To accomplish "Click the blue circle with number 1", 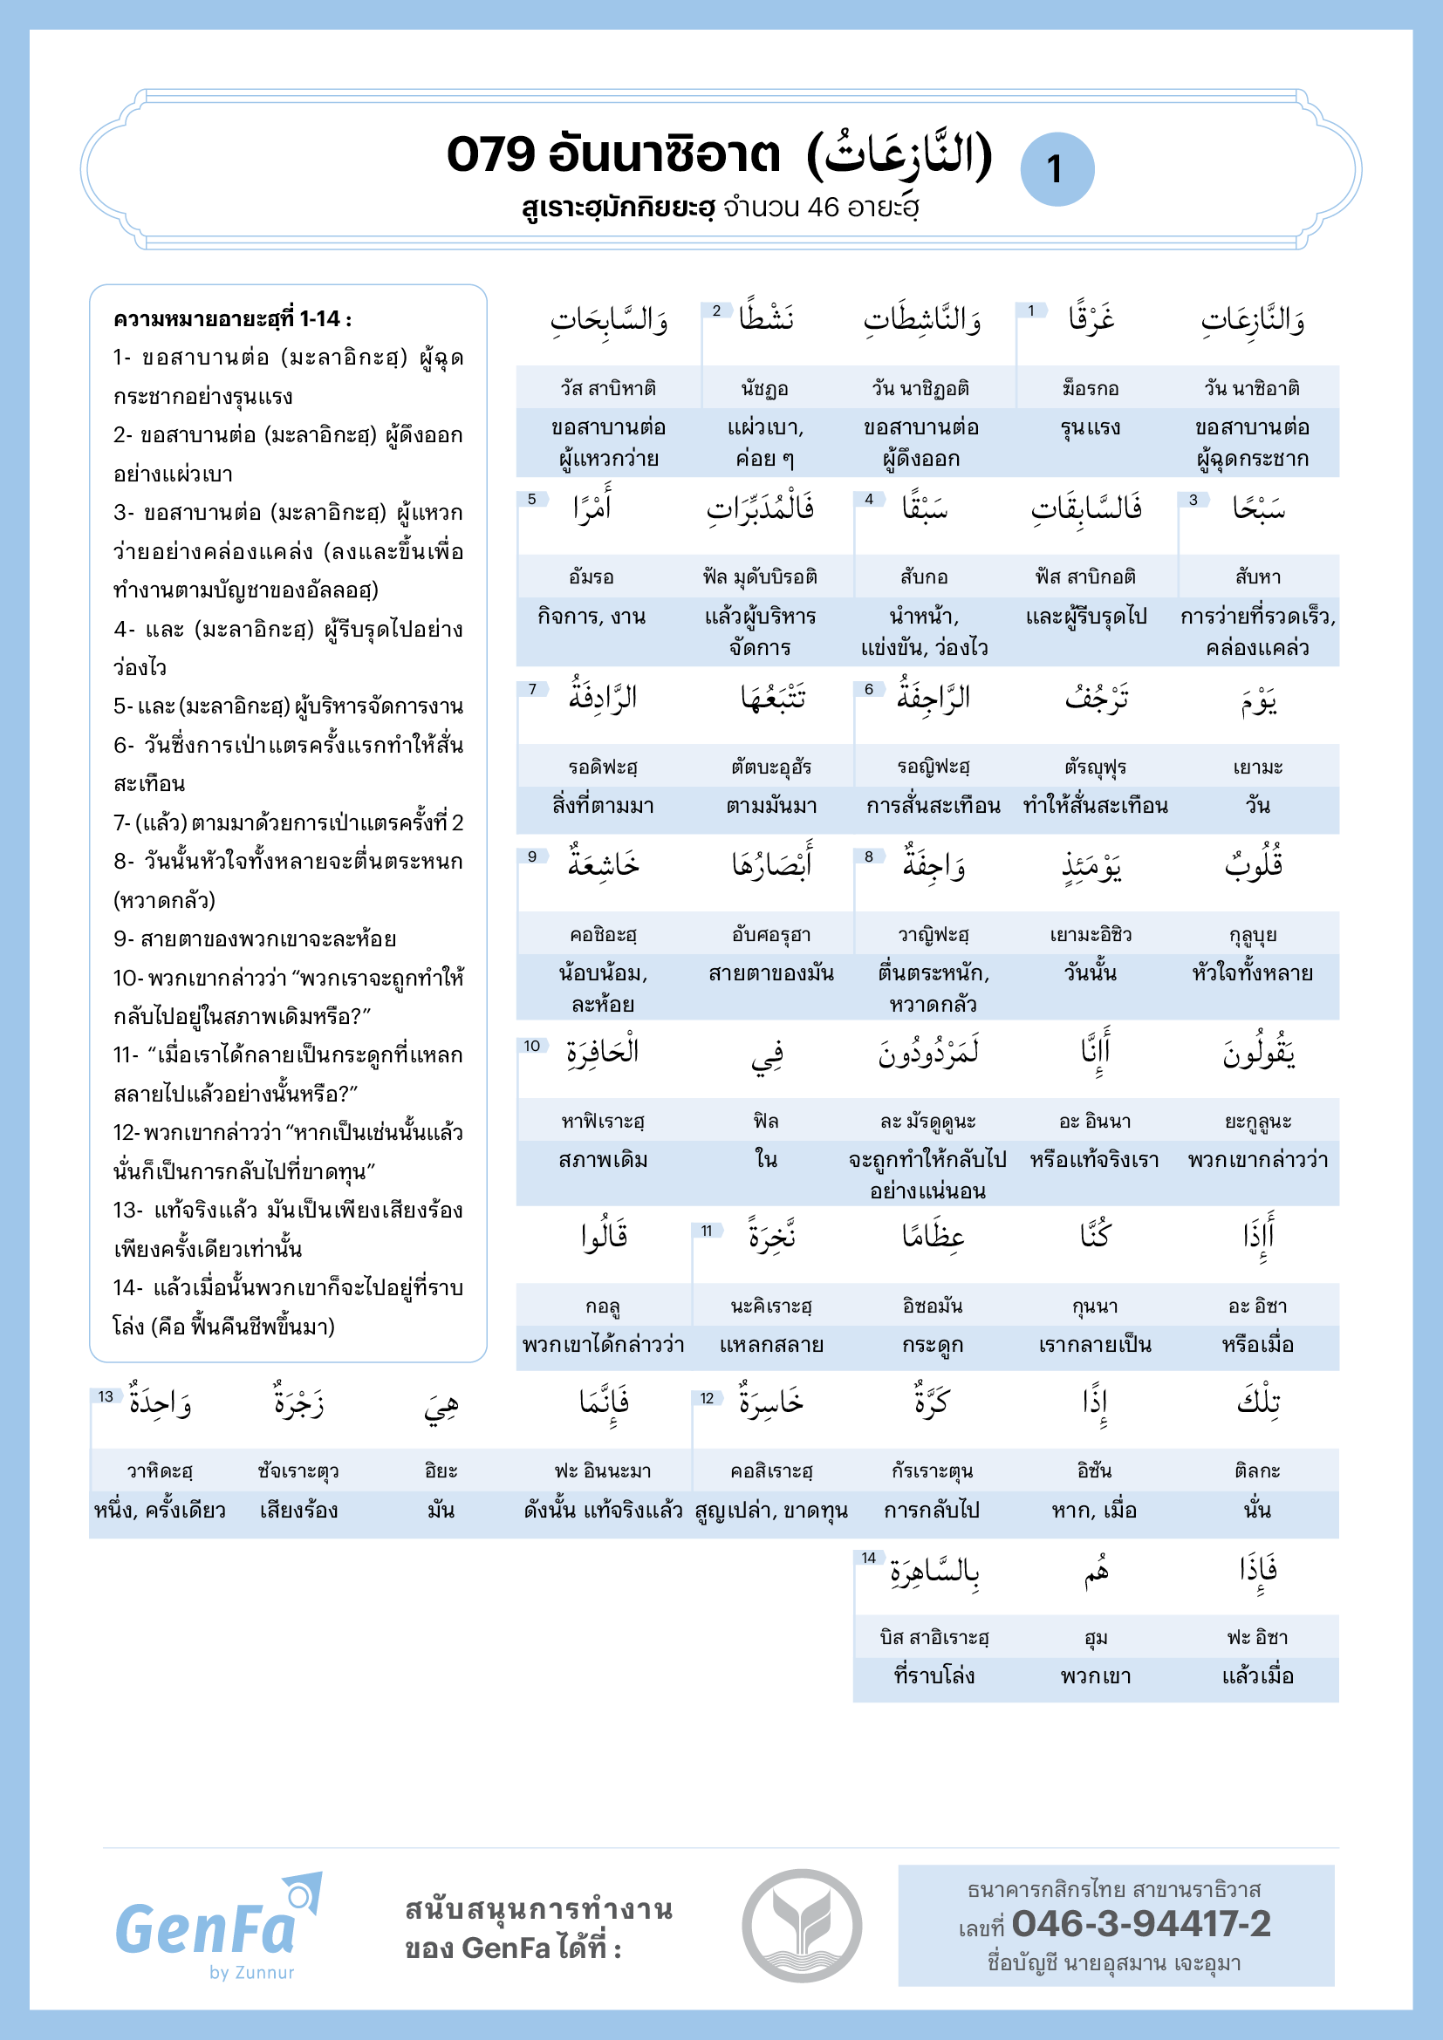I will pos(1057,169).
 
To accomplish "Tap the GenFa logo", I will pos(218,1927).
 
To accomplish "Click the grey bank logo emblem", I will pos(802,1926).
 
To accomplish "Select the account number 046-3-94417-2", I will pos(1141,1924).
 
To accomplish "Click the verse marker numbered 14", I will pos(868,1558).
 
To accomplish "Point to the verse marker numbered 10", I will pos(531,1046).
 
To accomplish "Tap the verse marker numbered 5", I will pos(531,500).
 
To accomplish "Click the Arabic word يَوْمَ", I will pos(1258,702).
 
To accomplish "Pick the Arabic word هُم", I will pos(1096,1572).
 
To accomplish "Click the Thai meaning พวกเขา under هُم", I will pos(1096,1675).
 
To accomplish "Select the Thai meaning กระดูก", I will pos(932,1345).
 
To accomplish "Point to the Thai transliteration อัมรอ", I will pos(591,577).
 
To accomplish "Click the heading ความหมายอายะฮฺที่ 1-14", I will pos(232,319).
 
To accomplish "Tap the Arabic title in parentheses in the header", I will pos(899,155).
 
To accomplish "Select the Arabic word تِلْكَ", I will pos(1258,1403).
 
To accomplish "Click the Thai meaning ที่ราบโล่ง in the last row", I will pos(934,1675).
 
